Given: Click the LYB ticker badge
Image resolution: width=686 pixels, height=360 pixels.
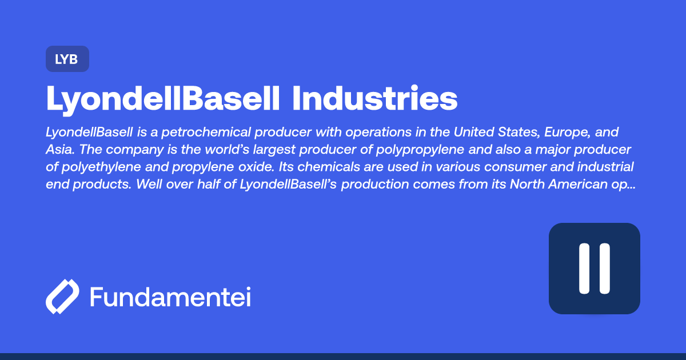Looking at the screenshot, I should (x=67, y=59).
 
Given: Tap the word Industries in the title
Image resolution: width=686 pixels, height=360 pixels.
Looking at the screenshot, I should (x=374, y=99).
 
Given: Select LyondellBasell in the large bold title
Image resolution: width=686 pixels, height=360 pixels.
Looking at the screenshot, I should (x=163, y=99).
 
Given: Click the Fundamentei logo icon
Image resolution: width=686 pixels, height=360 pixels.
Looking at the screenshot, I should (x=62, y=297).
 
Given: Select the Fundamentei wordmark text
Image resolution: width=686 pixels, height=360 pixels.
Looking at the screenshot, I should (x=170, y=297).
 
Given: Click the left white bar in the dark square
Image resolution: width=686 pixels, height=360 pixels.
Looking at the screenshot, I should (x=584, y=269).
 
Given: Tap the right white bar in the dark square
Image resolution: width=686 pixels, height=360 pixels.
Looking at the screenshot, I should (x=604, y=269).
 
